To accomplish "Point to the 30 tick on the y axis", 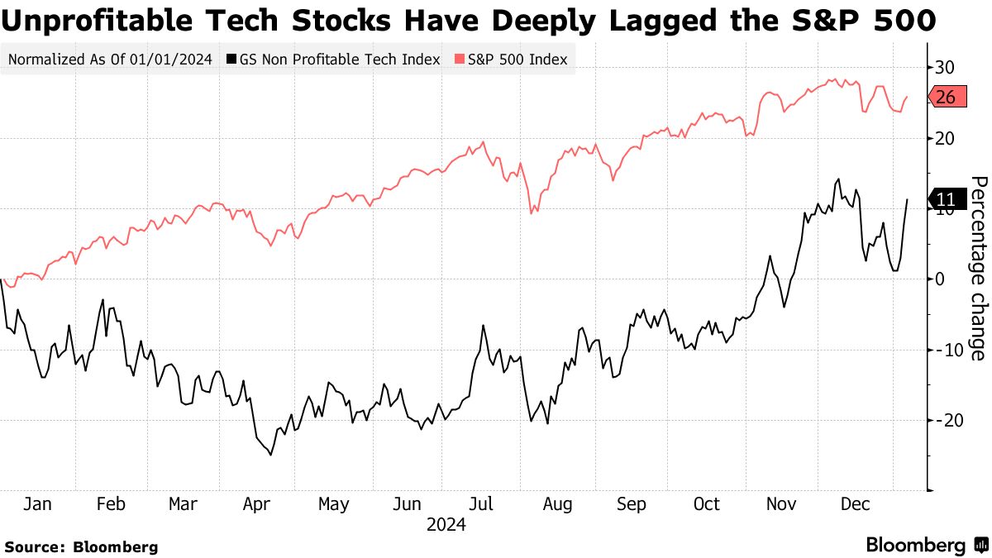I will [945, 67].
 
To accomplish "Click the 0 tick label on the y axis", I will [940, 279].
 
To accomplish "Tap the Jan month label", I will [37, 504].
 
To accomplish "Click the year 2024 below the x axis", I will [446, 525].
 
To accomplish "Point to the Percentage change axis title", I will [978, 268].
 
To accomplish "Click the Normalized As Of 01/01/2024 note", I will [111, 60].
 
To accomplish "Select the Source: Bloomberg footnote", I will [81, 546].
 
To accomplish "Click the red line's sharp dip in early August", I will [531, 213].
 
